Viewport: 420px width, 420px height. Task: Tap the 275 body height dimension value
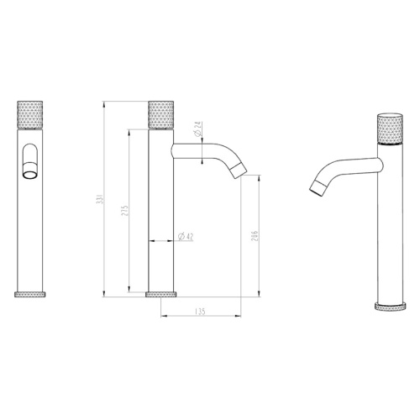pos(125,211)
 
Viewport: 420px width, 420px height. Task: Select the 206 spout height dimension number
pos(255,236)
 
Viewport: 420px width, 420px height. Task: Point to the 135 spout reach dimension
pos(201,312)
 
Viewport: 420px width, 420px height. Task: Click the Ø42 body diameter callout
pos(186,237)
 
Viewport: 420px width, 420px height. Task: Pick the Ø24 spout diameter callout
pos(198,129)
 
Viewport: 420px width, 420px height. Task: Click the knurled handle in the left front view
pos(30,115)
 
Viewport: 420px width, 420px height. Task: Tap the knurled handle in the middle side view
pos(160,115)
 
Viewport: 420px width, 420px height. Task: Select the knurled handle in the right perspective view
pos(390,129)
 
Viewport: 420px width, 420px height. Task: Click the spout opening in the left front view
pos(30,175)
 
